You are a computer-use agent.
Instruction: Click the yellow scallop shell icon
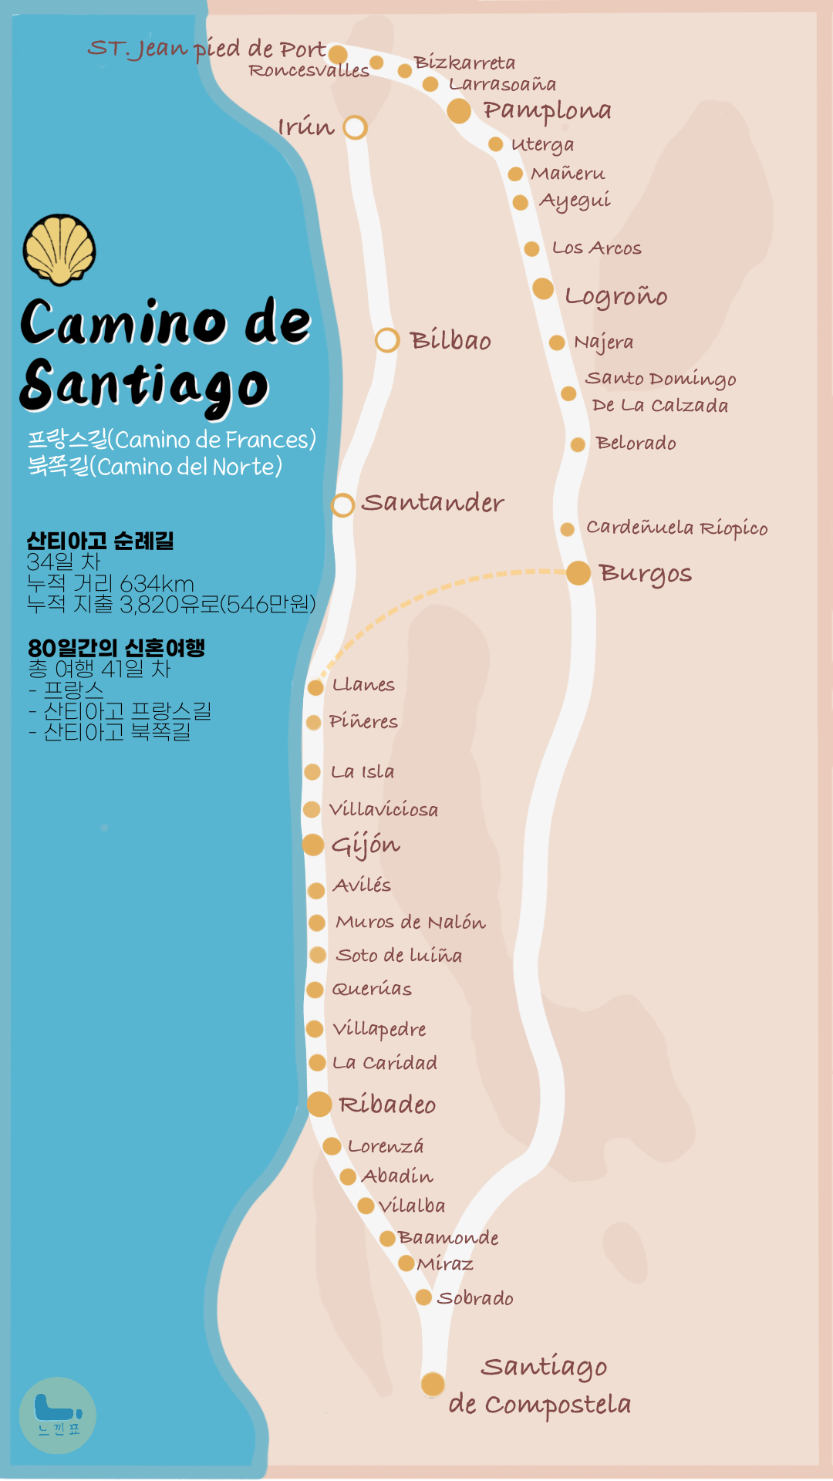59,249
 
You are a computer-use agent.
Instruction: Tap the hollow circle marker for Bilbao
387,340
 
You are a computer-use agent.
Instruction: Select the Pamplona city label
547,111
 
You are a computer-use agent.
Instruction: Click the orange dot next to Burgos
578,573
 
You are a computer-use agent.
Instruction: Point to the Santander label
433,503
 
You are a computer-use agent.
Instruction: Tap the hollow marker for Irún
355,127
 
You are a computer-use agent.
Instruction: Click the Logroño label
615,296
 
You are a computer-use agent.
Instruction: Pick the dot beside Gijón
313,845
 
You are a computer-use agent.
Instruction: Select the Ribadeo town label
387,1105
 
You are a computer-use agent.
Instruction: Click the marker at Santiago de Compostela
433,1384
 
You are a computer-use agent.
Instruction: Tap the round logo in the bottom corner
58,1415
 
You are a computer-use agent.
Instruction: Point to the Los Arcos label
596,248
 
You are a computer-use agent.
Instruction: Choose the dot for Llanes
315,687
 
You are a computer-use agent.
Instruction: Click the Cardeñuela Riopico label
676,528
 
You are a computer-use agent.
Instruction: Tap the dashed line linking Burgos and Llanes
432,594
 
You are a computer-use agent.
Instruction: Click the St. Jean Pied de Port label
207,49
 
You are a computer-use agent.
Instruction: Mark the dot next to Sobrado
423,1297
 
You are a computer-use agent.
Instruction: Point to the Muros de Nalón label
410,923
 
